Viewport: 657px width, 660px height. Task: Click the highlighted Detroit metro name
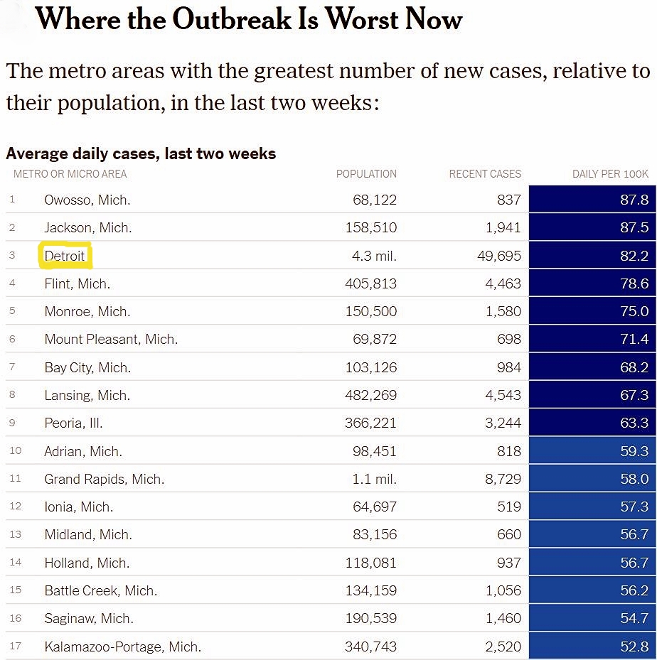tap(65, 256)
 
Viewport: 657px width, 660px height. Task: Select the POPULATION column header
tap(366, 174)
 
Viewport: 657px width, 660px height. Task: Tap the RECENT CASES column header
tap(485, 174)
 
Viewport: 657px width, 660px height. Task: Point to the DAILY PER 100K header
tap(610, 174)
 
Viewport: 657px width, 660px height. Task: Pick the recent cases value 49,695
tap(498, 256)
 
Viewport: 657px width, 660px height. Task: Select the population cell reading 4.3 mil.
tap(374, 256)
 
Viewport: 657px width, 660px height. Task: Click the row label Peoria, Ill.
tap(73, 423)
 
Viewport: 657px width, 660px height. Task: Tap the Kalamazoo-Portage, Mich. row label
tap(122, 647)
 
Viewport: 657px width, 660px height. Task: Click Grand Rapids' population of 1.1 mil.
tap(374, 480)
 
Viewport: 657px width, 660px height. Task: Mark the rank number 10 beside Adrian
tap(16, 451)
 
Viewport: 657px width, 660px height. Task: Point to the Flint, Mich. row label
tap(77, 284)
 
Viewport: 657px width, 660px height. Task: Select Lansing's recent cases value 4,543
tap(503, 396)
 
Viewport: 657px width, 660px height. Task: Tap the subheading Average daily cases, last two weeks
tap(141, 153)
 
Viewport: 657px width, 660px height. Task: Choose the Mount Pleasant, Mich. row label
tap(111, 340)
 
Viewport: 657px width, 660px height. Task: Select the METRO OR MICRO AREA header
tap(70, 174)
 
